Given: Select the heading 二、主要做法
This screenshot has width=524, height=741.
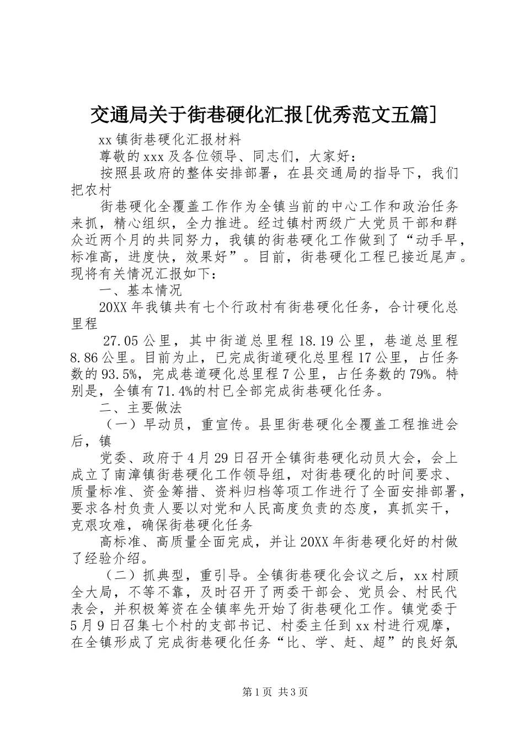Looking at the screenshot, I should click(x=140, y=407).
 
